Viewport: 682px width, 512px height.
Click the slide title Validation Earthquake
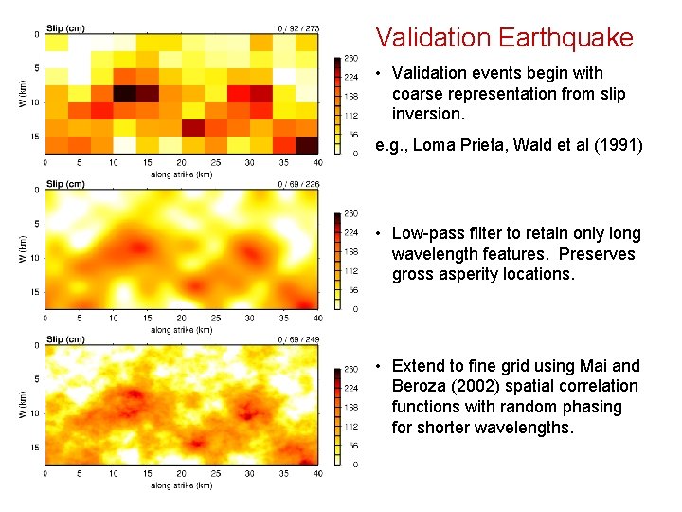point(504,38)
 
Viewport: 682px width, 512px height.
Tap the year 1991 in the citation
point(622,146)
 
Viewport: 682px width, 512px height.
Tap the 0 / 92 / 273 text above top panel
point(298,28)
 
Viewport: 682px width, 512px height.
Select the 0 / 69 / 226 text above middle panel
point(298,184)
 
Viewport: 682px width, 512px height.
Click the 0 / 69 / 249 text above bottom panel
point(298,339)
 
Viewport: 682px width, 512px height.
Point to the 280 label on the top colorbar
point(350,58)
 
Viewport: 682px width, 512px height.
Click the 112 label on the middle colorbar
point(350,270)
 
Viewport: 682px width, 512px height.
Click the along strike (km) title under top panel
point(181,174)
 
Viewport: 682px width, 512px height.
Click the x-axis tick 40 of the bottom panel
point(317,473)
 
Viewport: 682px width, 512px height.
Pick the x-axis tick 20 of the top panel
point(181,162)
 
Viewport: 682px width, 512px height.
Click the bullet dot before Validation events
point(378,74)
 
